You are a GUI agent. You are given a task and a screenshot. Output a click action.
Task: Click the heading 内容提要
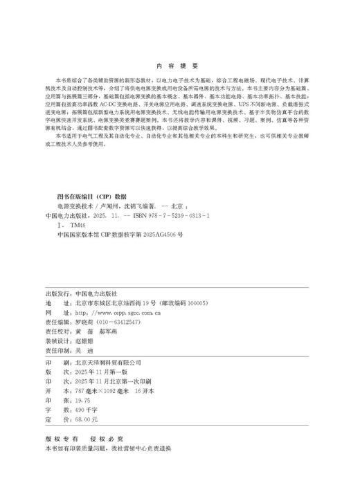(179, 66)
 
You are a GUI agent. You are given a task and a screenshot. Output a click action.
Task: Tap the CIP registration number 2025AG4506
(156, 235)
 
